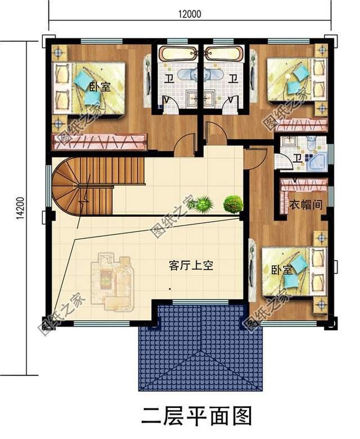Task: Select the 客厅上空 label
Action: click(191, 266)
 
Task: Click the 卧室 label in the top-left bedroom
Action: click(100, 87)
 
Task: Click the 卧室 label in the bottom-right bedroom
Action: click(281, 270)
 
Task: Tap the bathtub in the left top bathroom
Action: click(176, 54)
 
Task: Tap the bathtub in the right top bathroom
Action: click(224, 54)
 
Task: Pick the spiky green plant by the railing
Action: click(204, 203)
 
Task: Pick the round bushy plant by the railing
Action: click(232, 203)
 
